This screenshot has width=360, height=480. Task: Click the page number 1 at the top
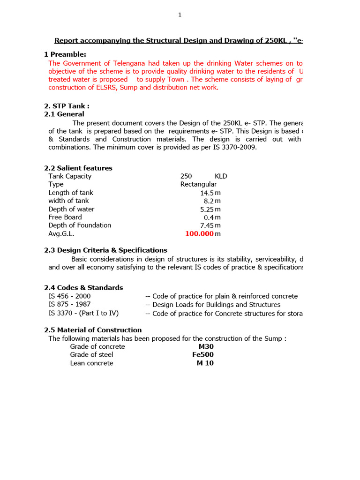click(x=180, y=15)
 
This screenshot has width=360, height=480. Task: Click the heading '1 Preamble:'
click(x=65, y=54)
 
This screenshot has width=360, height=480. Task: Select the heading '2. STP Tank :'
click(x=67, y=106)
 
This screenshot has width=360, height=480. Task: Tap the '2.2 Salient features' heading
click(x=78, y=168)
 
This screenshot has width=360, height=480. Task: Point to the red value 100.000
click(x=199, y=233)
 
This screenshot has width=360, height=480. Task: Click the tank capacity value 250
click(x=186, y=176)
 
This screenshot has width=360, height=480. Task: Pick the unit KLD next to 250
click(x=221, y=176)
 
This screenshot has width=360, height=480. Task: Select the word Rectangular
click(x=198, y=184)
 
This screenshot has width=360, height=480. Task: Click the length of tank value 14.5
click(x=207, y=193)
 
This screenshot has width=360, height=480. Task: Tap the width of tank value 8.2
click(x=209, y=201)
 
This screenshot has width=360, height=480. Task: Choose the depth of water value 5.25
click(x=207, y=209)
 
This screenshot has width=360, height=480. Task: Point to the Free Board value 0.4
click(x=209, y=217)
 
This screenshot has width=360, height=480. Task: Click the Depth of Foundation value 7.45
click(x=207, y=225)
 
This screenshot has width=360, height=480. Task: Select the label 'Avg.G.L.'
click(x=61, y=233)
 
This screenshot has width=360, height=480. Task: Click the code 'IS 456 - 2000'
click(x=69, y=296)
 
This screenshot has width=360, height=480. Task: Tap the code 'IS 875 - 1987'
click(x=69, y=305)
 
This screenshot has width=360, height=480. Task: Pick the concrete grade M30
click(x=206, y=347)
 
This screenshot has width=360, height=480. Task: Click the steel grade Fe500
click(x=203, y=355)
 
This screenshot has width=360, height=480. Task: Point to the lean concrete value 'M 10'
click(x=205, y=363)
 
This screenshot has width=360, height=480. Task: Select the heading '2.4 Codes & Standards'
click(x=83, y=288)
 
